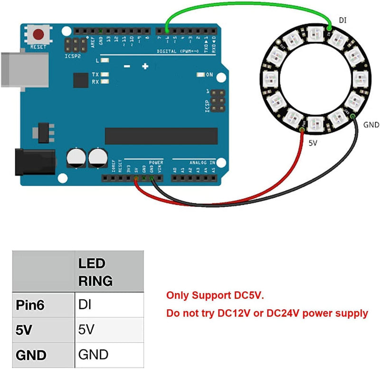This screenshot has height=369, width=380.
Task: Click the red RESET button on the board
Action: click(38, 35)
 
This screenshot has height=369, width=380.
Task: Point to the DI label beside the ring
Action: click(342, 20)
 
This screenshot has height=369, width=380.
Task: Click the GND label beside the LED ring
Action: click(371, 125)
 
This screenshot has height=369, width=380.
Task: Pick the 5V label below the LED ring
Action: click(313, 142)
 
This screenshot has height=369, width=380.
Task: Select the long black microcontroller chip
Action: click(161, 136)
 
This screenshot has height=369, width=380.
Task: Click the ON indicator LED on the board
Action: click(200, 74)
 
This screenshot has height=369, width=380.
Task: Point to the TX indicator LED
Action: click(104, 74)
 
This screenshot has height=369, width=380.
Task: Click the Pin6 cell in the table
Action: click(30, 305)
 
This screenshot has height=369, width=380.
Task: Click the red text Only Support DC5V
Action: click(215, 295)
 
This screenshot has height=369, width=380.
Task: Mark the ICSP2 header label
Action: click(73, 56)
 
